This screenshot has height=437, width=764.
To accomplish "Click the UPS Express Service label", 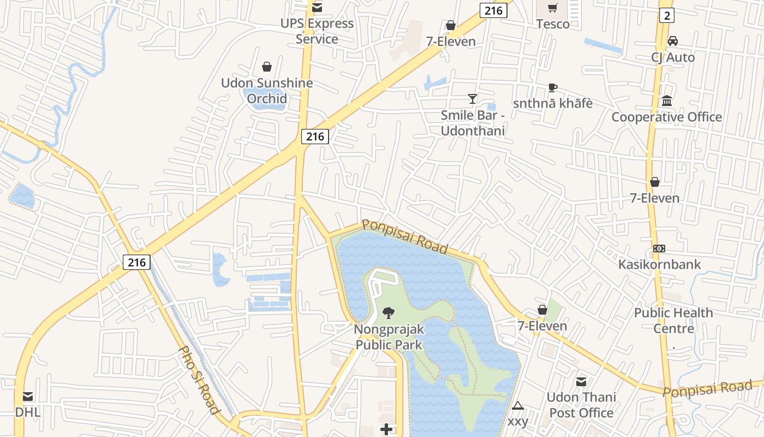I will [317, 31].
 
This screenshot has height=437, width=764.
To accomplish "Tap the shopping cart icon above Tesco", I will [553, 8].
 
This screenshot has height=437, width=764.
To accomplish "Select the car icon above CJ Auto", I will [673, 41].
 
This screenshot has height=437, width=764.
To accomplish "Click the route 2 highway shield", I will [666, 15].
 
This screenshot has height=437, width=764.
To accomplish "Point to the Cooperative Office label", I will [666, 117].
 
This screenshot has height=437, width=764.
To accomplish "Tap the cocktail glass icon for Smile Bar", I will [473, 99].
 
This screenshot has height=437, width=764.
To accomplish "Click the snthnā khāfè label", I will [553, 103].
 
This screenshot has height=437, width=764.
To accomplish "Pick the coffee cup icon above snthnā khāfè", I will [553, 87].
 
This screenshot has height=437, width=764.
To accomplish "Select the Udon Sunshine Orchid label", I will [267, 91].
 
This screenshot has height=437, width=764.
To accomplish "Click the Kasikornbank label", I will [659, 264].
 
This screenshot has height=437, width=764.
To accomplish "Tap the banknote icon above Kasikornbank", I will [659, 249].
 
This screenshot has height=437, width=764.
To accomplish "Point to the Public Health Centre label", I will [673, 321].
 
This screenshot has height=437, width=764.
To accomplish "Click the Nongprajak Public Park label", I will [389, 337].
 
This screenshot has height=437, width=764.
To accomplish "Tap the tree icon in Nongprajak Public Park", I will [389, 313].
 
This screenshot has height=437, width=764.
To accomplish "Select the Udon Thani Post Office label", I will [581, 405].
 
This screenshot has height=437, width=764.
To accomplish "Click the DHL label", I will [27, 412].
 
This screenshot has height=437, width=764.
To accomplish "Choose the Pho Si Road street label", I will [199, 380].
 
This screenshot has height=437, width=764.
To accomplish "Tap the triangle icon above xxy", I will [518, 406].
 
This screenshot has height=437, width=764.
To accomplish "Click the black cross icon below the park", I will [386, 429].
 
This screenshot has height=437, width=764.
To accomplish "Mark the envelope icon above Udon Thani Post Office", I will [581, 382].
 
